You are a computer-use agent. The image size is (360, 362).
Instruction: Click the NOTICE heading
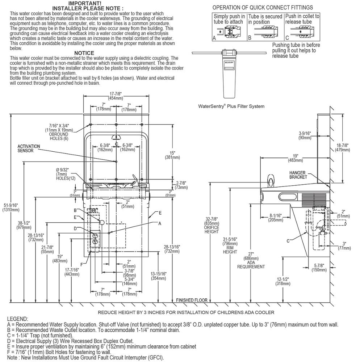coord(84,53)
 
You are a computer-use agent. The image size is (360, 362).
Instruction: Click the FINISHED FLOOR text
coord(192,300)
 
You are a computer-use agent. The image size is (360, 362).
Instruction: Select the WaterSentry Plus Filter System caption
coord(231,106)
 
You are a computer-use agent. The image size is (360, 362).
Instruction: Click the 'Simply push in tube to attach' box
coord(229,27)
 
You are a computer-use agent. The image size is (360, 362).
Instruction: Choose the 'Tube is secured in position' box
coord(265,27)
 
